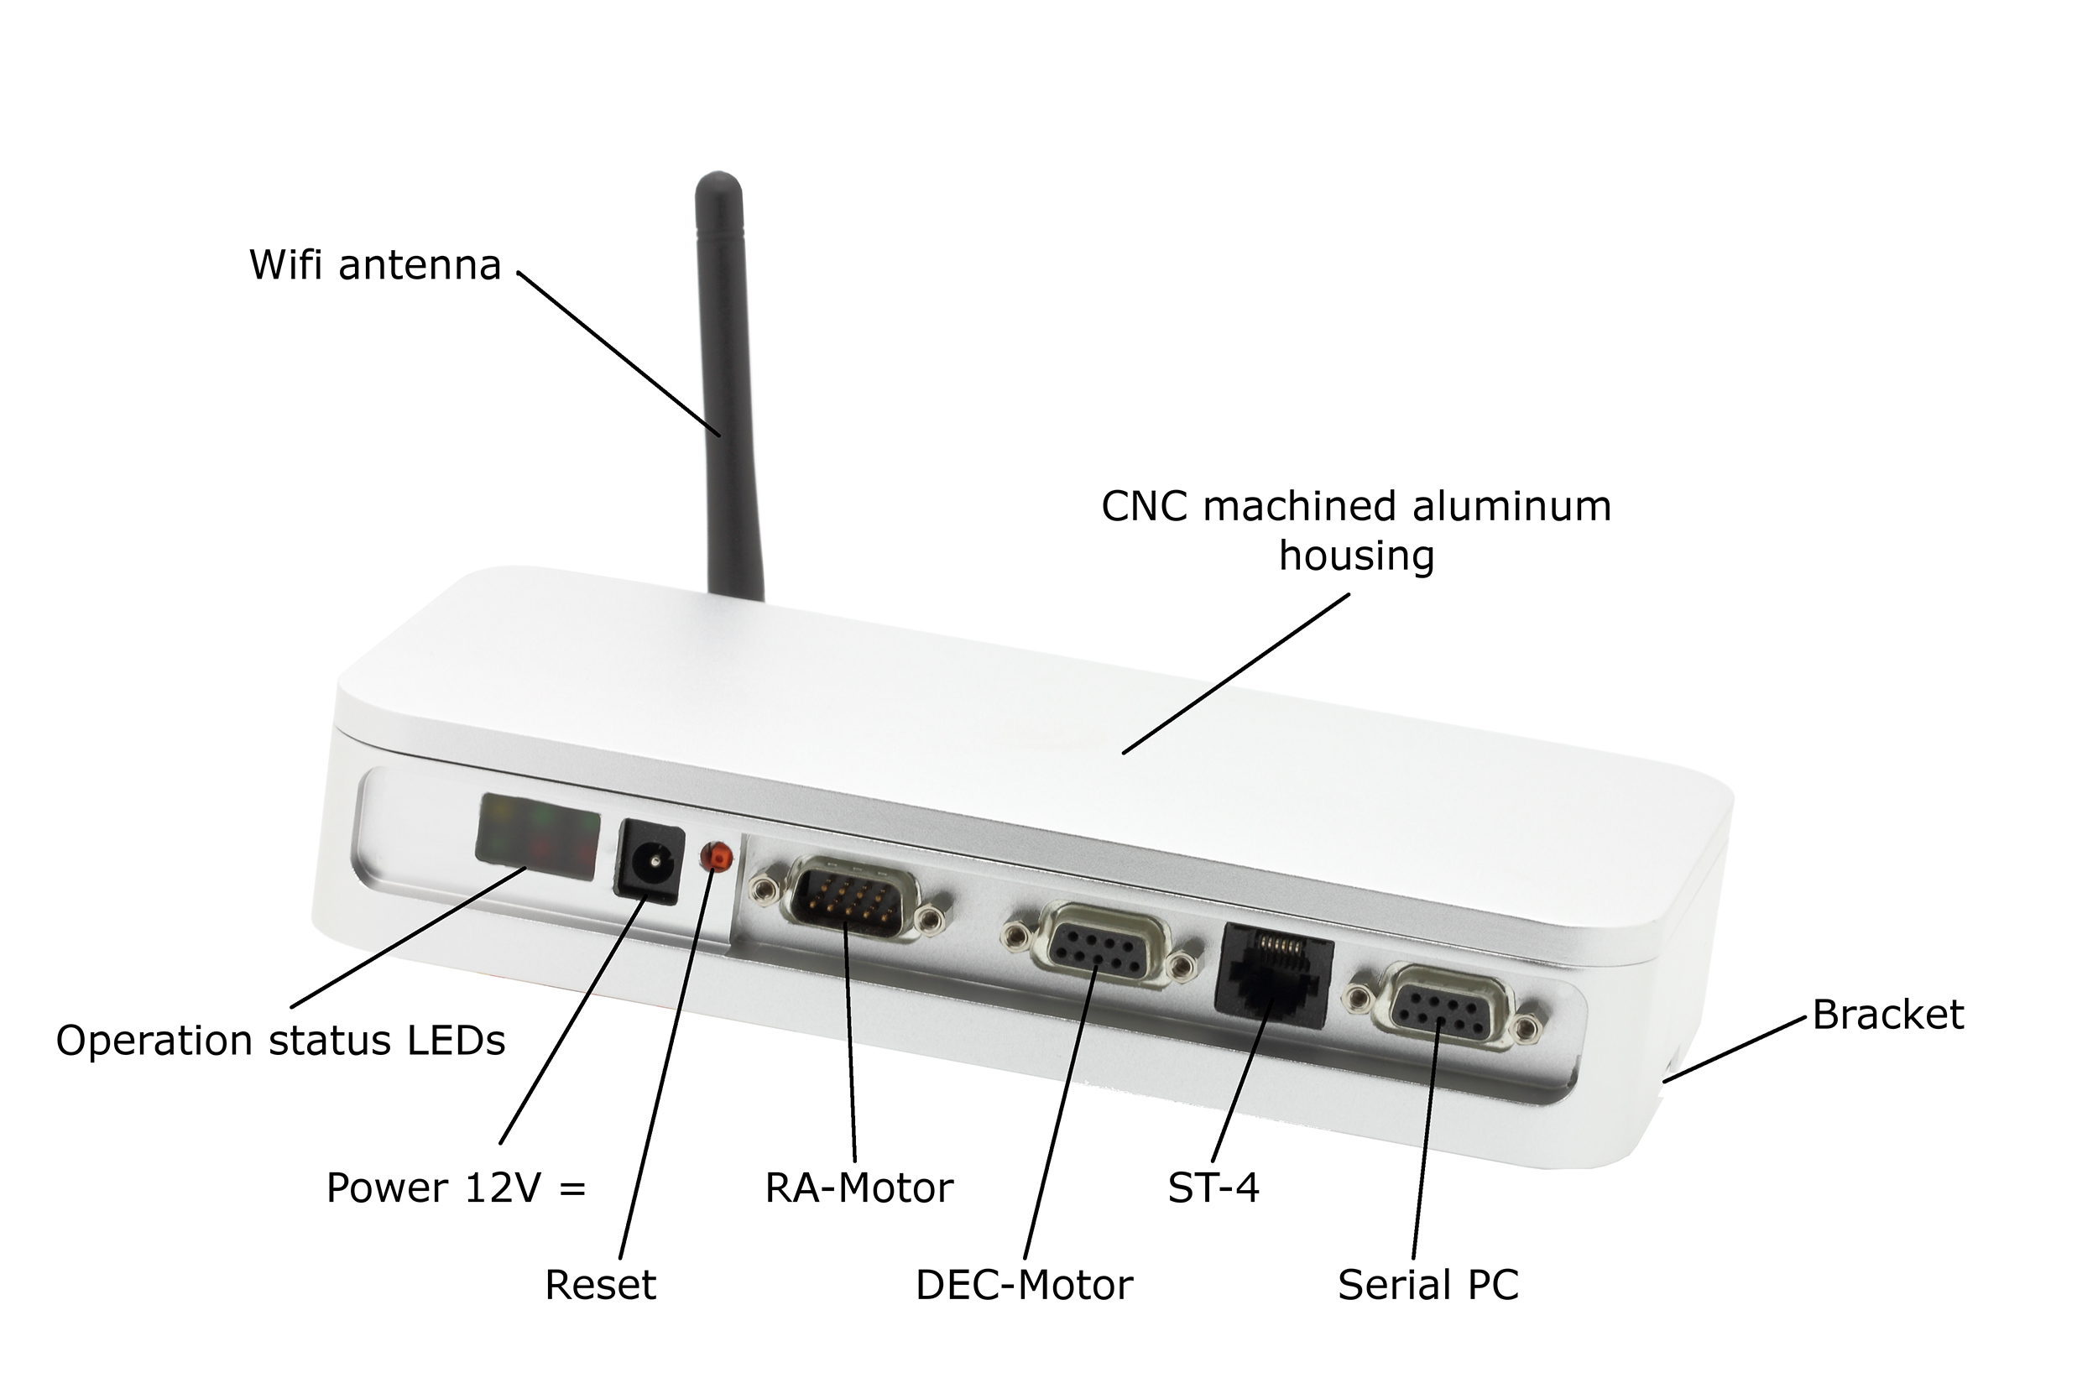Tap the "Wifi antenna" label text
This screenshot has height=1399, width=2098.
[x=374, y=266]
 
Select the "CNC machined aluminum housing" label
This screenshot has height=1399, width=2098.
[x=1356, y=531]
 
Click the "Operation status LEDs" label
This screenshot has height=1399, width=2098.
[x=280, y=1041]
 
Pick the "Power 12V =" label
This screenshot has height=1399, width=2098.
[x=456, y=1188]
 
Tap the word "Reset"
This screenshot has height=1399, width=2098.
[x=600, y=1286]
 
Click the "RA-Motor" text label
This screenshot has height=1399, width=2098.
[x=859, y=1188]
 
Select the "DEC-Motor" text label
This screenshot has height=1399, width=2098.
[x=1024, y=1286]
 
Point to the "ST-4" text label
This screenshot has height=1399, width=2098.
[x=1213, y=1188]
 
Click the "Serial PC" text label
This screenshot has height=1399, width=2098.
[x=1427, y=1286]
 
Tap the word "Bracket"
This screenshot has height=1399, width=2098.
[x=1888, y=1015]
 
